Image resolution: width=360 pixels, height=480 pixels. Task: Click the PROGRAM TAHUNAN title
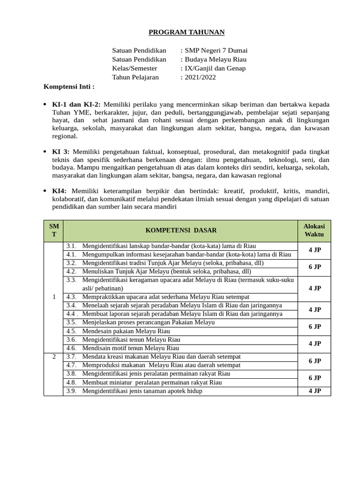pyautogui.click(x=187, y=32)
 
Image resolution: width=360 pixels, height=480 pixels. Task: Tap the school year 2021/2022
pyautogui.click(x=200, y=77)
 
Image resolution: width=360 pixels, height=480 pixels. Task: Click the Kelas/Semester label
pyautogui.click(x=135, y=68)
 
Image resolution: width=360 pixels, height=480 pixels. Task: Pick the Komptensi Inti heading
pyautogui.click(x=69, y=87)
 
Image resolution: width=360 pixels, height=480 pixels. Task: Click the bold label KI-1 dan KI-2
pyautogui.click(x=76, y=104)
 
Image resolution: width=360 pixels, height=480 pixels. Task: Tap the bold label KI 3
pyautogui.click(x=60, y=152)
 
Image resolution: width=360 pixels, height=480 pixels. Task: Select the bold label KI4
pyautogui.click(x=59, y=191)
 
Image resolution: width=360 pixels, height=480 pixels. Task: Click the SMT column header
pyautogui.click(x=54, y=230)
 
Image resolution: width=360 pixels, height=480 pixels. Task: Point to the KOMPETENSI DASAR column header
pyautogui.click(x=181, y=230)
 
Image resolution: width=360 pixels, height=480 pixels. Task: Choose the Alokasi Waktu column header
pyautogui.click(x=314, y=230)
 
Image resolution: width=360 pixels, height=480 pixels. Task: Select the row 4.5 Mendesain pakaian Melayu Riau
pyautogui.click(x=126, y=331)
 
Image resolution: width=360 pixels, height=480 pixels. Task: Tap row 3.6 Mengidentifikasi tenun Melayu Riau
pyautogui.click(x=131, y=339)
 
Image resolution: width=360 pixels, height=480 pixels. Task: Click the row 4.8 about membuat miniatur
pyautogui.click(x=152, y=382)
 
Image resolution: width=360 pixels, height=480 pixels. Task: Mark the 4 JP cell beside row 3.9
pyautogui.click(x=315, y=391)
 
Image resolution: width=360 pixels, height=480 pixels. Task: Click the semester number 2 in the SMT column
pyautogui.click(x=54, y=357)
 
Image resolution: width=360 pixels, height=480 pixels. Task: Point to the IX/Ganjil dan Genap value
pyautogui.click(x=215, y=68)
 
